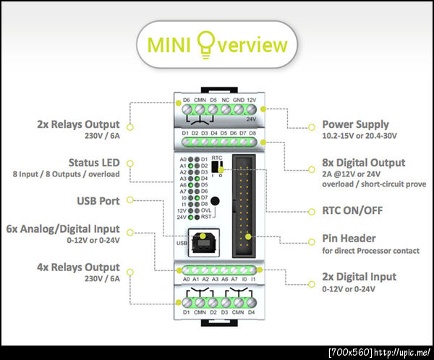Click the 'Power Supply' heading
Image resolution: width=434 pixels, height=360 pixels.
(355, 124)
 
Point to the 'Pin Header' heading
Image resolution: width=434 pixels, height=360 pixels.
(349, 238)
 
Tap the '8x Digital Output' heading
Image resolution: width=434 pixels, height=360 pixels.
(364, 163)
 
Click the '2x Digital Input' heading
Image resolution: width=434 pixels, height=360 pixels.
(359, 276)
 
